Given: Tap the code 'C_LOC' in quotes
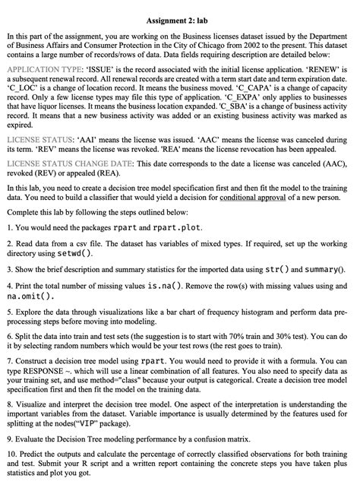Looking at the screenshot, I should click(x=23, y=88).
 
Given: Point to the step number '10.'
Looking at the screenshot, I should click(x=13, y=451).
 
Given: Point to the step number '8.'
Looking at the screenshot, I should click(x=11, y=414).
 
